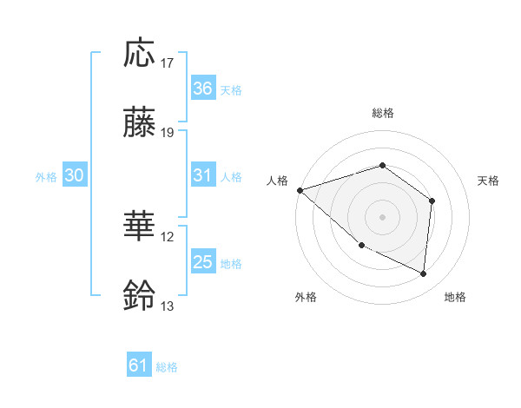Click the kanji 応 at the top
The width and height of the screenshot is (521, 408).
pos(141,53)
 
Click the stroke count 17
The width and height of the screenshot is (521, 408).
pos(168,63)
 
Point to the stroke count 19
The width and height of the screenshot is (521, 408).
pos(168,134)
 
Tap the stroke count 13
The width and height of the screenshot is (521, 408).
pos(168,306)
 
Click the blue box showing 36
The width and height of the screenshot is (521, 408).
pos(202,88)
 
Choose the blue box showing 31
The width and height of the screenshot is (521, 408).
pos(202,175)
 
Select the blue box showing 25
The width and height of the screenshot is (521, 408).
pos(202,262)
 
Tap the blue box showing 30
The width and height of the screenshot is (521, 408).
pos(75,175)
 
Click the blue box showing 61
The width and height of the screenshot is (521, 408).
pos(139,365)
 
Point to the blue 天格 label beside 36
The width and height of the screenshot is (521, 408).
pos(231,89)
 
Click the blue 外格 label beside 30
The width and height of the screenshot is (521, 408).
pos(46,176)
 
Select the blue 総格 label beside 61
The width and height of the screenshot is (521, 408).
pos(167,367)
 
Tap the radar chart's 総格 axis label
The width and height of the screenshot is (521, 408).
pos(383,113)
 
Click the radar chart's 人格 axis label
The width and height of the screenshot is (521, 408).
pos(277,181)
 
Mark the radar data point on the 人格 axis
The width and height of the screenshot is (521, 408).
pos(300,189)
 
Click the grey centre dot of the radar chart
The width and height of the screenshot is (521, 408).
pos(382,216)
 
